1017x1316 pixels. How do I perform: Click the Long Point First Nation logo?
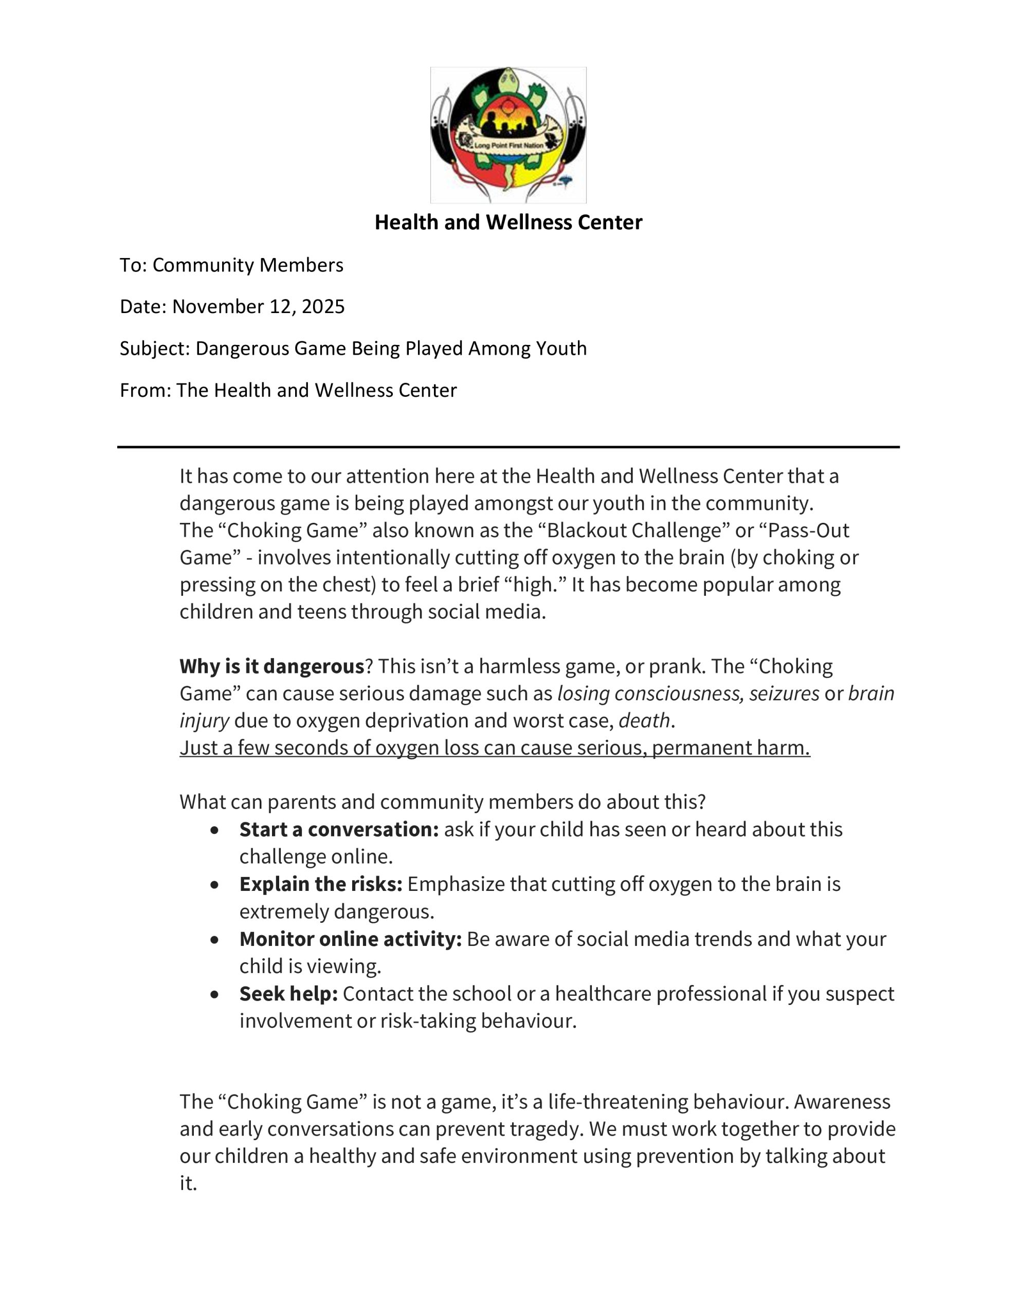point(507,135)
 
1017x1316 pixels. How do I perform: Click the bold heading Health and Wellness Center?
point(508,223)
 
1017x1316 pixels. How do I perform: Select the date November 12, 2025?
point(258,307)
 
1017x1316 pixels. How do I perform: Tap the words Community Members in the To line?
point(248,265)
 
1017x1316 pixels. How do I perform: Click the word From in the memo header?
point(146,391)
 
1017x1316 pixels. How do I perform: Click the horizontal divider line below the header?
point(508,447)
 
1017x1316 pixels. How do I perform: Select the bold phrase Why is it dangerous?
point(272,666)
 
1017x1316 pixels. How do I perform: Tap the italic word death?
point(644,721)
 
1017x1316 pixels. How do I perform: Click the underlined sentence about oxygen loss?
point(494,748)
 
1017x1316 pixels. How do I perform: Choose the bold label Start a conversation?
point(339,830)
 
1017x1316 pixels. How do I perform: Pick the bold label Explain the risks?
point(321,884)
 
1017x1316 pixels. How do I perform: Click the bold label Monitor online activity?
point(350,939)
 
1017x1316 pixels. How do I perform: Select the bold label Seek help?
point(288,994)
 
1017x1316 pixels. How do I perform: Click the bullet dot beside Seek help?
point(214,994)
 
